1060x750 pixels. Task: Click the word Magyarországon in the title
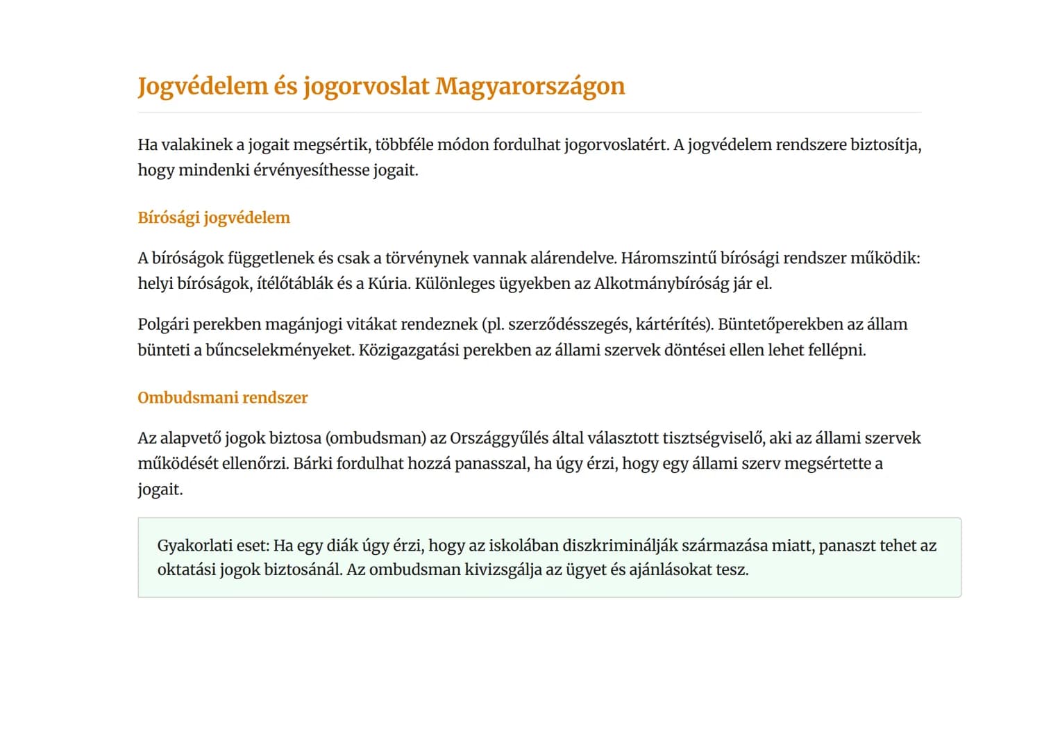[x=530, y=86]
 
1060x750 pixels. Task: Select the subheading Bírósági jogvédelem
[x=214, y=217]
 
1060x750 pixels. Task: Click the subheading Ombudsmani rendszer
[x=222, y=397]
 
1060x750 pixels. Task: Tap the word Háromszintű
[x=668, y=258]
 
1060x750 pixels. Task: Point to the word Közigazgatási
[x=408, y=350]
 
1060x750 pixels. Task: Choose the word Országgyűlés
[x=498, y=438]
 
